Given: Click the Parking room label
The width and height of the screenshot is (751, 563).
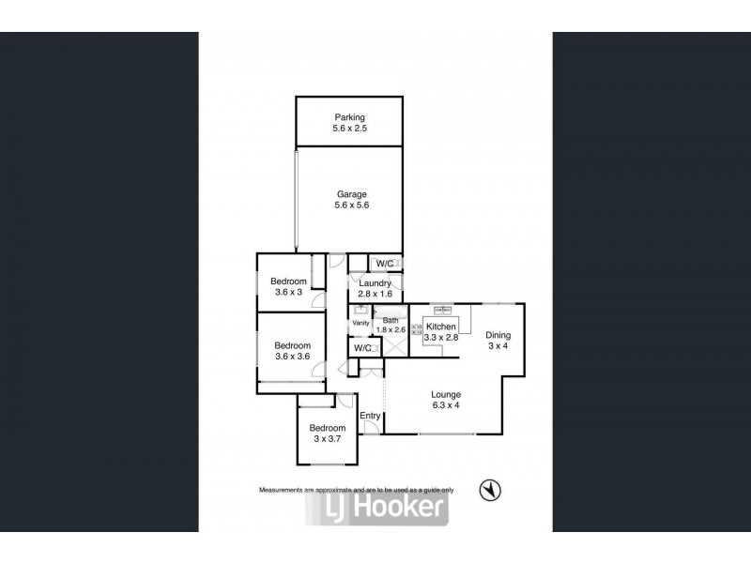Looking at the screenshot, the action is point(349,117).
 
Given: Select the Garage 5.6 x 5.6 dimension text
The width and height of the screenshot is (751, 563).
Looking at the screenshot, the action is point(352,205).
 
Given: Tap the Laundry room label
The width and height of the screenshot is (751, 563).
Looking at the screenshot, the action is point(375,283).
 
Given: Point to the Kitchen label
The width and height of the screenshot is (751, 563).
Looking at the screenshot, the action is point(441,327).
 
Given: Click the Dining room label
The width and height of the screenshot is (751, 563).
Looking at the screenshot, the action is point(498,335).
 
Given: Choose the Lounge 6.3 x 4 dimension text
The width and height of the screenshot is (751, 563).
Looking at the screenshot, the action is point(446,405).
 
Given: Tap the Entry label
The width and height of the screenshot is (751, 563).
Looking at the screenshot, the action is point(370,416).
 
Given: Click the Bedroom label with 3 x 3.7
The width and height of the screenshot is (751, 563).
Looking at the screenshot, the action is point(327,428).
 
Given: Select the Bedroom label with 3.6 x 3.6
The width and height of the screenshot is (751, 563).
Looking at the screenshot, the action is point(292,345).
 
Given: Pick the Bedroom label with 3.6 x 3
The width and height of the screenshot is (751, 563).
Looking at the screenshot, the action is point(288,281).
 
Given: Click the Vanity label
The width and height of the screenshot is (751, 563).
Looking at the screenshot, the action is point(360,323).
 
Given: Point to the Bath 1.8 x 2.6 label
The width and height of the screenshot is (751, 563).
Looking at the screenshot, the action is point(391,325).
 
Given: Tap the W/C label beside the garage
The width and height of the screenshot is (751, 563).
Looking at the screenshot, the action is point(385,264).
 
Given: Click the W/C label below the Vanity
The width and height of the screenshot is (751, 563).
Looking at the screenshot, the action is point(362,348).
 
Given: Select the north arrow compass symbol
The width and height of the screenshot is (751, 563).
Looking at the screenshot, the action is point(490,491).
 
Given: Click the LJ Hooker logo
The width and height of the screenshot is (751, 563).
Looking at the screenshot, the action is point(377,508).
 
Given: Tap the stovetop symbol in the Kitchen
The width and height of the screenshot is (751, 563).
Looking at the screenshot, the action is point(416,329).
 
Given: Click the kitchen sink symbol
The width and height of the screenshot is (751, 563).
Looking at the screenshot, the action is point(443,311).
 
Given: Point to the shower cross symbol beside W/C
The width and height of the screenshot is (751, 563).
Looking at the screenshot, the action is point(395,345).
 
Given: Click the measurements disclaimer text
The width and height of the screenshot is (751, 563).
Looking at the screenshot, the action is point(357,490).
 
